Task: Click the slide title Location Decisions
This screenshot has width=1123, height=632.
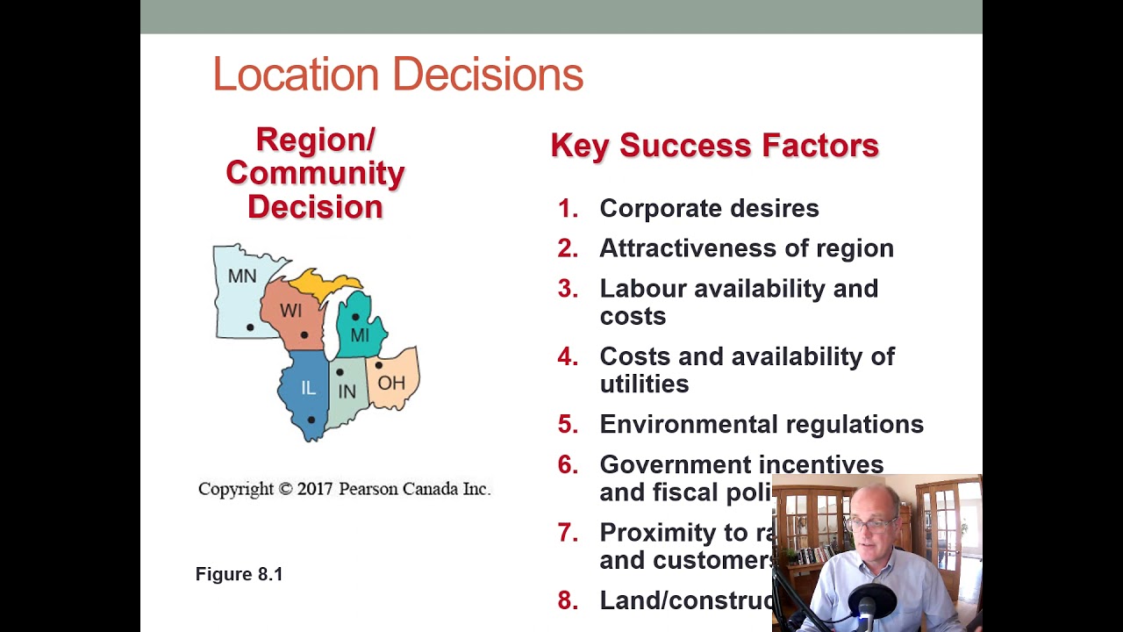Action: (x=397, y=75)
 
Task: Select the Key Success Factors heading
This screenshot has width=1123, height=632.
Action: (x=714, y=146)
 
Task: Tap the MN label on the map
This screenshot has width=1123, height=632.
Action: (x=242, y=276)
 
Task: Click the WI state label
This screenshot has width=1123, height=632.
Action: (x=290, y=311)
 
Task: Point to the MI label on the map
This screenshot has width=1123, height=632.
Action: (x=360, y=335)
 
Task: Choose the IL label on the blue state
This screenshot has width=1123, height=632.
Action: (x=308, y=388)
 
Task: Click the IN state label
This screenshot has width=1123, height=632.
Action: (x=347, y=391)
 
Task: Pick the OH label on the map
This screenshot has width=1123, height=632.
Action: (x=391, y=383)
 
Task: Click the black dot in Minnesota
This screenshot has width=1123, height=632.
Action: (x=250, y=327)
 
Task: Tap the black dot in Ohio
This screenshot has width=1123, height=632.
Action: (x=379, y=365)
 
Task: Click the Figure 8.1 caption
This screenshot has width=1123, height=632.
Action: (x=239, y=574)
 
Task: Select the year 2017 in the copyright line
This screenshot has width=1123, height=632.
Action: (x=315, y=489)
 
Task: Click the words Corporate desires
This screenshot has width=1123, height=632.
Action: (x=709, y=208)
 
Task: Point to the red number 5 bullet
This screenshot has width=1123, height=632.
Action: (x=568, y=424)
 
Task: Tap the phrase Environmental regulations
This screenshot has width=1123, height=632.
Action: (x=762, y=424)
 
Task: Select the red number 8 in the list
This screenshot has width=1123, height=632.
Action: (x=568, y=600)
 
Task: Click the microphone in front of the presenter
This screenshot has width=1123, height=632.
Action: (x=868, y=605)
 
